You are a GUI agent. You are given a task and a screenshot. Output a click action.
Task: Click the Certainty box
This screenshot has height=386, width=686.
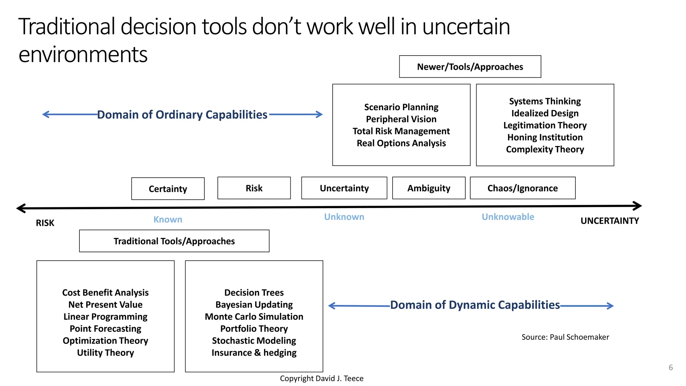[168, 189]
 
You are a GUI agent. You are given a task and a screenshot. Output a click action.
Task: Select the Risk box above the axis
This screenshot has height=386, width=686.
[254, 188]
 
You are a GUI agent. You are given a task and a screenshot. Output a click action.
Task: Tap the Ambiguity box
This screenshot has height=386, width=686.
[429, 188]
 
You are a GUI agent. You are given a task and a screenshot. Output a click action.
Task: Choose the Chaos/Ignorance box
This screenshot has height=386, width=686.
[523, 188]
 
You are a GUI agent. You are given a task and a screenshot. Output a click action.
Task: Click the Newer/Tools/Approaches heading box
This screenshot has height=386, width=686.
[470, 67]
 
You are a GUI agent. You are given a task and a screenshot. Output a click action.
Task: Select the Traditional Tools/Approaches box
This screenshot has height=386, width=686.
[174, 241]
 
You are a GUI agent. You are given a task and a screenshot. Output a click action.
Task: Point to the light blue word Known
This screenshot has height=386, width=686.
[168, 219]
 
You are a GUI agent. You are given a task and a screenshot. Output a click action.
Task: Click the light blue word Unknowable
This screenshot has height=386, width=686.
[508, 217]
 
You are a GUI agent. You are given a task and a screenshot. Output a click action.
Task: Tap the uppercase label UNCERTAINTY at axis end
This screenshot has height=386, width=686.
[610, 221]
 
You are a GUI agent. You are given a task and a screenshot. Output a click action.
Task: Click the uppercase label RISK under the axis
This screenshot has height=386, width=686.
[45, 223]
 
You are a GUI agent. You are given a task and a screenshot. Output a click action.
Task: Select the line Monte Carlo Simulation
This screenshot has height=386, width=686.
[254, 317]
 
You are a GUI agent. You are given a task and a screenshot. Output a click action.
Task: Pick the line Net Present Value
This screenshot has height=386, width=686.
[106, 305]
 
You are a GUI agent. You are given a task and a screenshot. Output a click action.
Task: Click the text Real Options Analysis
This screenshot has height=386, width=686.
[401, 143]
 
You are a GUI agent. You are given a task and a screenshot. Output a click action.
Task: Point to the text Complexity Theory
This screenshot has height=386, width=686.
[545, 149]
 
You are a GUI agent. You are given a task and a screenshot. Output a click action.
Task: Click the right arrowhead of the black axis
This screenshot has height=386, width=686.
[638, 206]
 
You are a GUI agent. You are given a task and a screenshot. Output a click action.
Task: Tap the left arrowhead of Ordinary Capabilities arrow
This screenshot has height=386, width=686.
[45, 115]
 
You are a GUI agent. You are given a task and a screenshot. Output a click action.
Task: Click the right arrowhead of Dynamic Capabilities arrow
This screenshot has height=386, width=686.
[611, 306]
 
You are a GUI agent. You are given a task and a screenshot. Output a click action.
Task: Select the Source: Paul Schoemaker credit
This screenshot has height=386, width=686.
[565, 337]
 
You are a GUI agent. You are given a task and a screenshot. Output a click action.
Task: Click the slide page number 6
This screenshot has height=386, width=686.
[671, 367]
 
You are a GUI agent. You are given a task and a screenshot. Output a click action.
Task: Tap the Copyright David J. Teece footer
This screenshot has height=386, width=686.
[322, 378]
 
